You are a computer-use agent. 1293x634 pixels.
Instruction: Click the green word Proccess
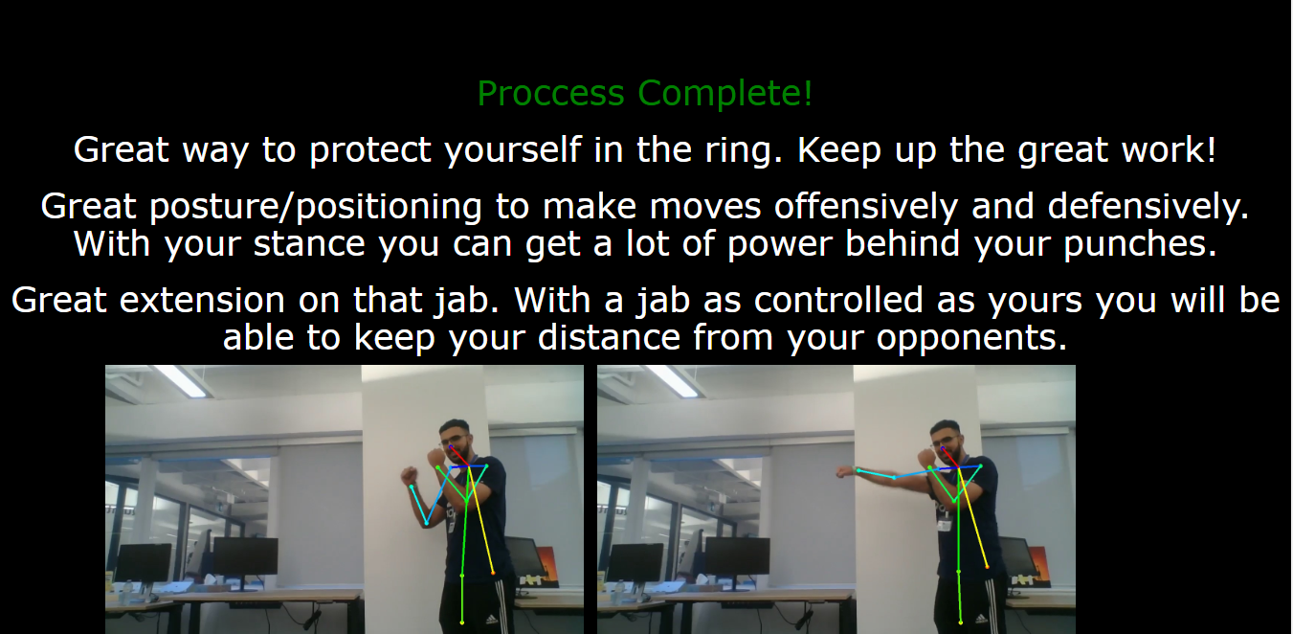(550, 94)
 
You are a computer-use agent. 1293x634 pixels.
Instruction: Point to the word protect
(370, 150)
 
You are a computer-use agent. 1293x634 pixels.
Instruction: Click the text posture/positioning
(316, 207)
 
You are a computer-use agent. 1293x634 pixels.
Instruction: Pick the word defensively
(1148, 206)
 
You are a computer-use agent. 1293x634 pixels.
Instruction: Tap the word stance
(309, 243)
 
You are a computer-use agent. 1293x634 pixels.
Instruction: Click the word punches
(1140, 244)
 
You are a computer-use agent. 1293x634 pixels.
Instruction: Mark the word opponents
(971, 338)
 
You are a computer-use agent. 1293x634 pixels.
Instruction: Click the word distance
(609, 337)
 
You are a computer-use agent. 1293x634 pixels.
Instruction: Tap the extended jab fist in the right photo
(843, 472)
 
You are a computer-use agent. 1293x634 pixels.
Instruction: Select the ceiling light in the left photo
(180, 380)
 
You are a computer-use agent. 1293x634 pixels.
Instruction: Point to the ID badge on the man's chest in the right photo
(944, 526)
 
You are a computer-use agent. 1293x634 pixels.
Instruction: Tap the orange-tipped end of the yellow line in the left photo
(493, 573)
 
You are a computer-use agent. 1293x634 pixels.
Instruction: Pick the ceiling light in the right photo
(672, 380)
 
